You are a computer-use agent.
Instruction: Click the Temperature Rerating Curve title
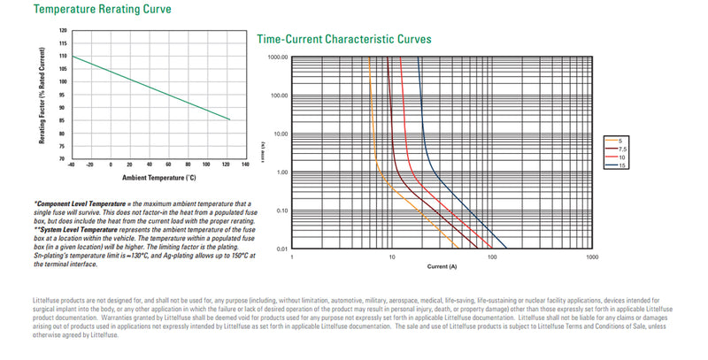point(89,10)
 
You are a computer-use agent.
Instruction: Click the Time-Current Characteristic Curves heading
point(343,39)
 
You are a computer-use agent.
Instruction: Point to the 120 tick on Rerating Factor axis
point(63,30)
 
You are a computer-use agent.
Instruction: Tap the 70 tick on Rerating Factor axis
point(63,159)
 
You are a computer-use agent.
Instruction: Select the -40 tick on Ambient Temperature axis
point(71,165)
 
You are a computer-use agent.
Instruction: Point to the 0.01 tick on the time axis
point(282,249)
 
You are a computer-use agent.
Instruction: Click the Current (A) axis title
point(440,265)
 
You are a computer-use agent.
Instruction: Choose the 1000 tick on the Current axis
point(592,257)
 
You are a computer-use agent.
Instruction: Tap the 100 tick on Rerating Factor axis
point(63,82)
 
